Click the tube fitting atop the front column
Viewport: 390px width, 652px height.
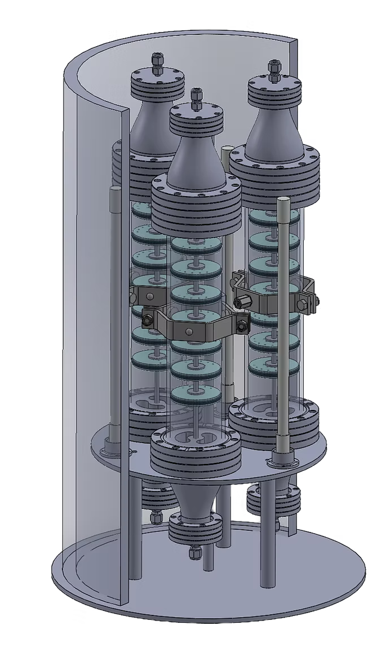pyautogui.click(x=196, y=99)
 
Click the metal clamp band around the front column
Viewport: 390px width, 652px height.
pyautogui.click(x=192, y=329)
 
